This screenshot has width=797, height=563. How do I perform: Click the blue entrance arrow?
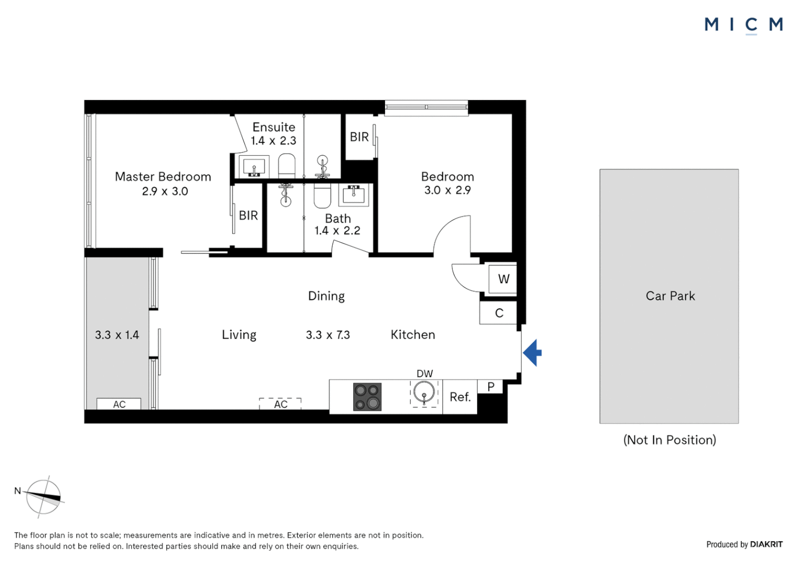533,353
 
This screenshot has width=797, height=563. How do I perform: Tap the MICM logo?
743,25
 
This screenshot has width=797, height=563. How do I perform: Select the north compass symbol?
44,497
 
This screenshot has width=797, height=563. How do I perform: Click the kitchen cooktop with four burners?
367,397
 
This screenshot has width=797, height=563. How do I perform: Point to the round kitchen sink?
424,393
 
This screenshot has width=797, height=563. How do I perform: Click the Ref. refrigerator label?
460,397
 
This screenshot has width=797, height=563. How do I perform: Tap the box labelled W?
503,279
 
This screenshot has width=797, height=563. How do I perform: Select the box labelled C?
499,313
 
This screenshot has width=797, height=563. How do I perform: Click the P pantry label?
490,387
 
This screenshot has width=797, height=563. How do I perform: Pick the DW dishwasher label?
425,374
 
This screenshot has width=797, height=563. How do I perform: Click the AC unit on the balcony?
119,404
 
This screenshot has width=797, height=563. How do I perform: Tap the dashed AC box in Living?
281,404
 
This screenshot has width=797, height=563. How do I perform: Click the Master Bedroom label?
163,177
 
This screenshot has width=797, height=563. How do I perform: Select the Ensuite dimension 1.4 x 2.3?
273,141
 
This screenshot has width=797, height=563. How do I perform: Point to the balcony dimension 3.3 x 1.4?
117,335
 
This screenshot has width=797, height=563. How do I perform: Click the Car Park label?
670,296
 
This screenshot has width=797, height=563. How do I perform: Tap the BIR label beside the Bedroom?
359,137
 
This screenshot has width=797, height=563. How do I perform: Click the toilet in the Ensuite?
286,165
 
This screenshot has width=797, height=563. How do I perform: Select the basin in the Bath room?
354,194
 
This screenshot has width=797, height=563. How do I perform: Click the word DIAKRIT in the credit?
766,544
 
